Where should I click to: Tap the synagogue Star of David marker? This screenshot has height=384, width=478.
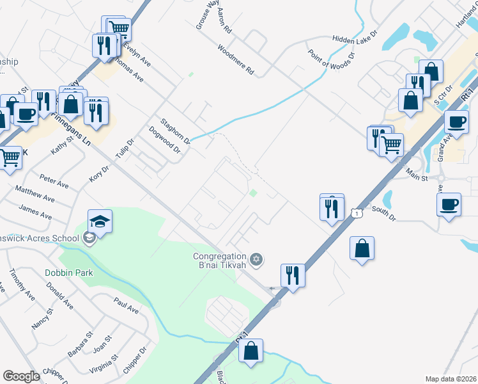pyautogui.click(x=256, y=259)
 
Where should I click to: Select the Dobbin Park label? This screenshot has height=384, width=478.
pyautogui.click(x=69, y=273)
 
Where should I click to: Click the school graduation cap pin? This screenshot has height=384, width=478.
pyautogui.click(x=100, y=222)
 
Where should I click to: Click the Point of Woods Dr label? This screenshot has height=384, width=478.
pyautogui.click(x=330, y=64)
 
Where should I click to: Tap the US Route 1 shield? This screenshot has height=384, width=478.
pyautogui.click(x=356, y=212)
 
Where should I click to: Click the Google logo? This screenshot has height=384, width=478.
pyautogui.click(x=21, y=376)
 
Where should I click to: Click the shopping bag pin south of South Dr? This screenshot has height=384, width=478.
pyautogui.click(x=362, y=250)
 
